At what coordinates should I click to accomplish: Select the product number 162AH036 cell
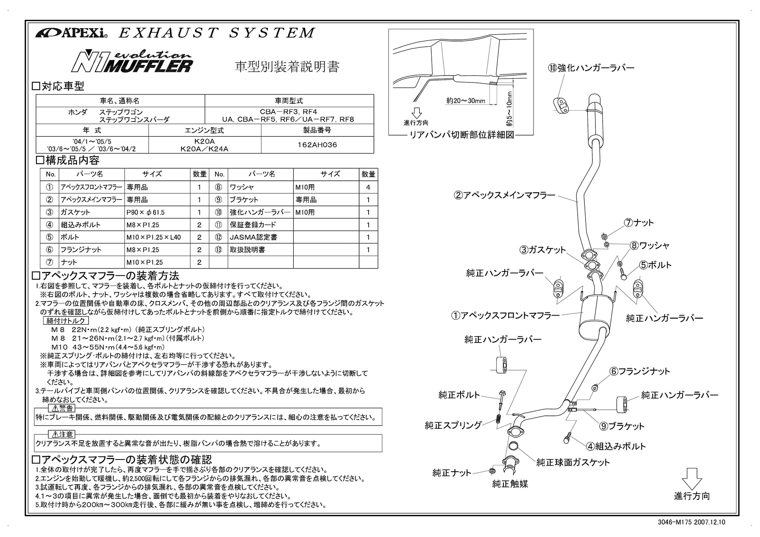[x=317, y=145]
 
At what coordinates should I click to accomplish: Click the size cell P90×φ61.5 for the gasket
[x=157, y=212]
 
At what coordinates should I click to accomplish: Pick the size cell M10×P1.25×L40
[x=157, y=237]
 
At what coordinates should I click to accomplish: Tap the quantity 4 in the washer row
[x=368, y=187]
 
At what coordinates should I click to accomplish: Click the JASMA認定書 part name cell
[x=260, y=237]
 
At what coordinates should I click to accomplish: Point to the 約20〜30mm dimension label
[x=466, y=101]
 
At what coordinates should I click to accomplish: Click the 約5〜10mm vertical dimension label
[x=509, y=109]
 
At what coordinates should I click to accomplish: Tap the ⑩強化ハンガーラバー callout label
[x=591, y=68]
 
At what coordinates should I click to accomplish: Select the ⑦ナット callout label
[x=639, y=223]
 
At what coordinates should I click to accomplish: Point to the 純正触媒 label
[x=510, y=484]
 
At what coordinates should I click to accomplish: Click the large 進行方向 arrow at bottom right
[x=692, y=479]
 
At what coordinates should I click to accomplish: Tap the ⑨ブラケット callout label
[x=622, y=426]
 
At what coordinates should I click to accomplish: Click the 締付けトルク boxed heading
[x=66, y=321]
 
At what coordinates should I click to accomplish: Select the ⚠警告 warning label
[x=62, y=409]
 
